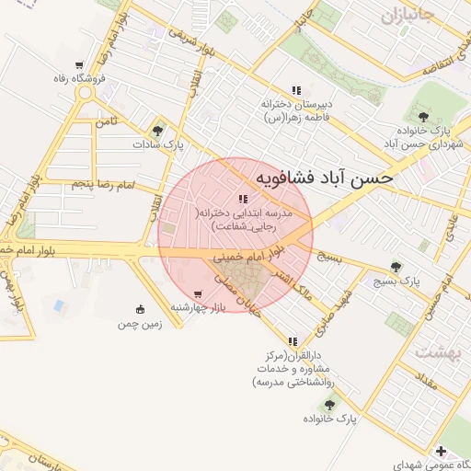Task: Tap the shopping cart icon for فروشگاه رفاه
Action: click(81, 65)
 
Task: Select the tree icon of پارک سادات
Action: click(160, 130)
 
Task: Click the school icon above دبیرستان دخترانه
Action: click(295, 90)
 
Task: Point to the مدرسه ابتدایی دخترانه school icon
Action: click(243, 199)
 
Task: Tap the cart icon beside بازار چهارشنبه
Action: click(198, 293)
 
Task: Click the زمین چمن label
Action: click(139, 324)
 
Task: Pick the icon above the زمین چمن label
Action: click(140, 309)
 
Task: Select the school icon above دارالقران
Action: click(293, 341)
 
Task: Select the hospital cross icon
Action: click(442, 451)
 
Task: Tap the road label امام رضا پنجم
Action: click(102, 187)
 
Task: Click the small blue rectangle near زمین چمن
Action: click(60, 304)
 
